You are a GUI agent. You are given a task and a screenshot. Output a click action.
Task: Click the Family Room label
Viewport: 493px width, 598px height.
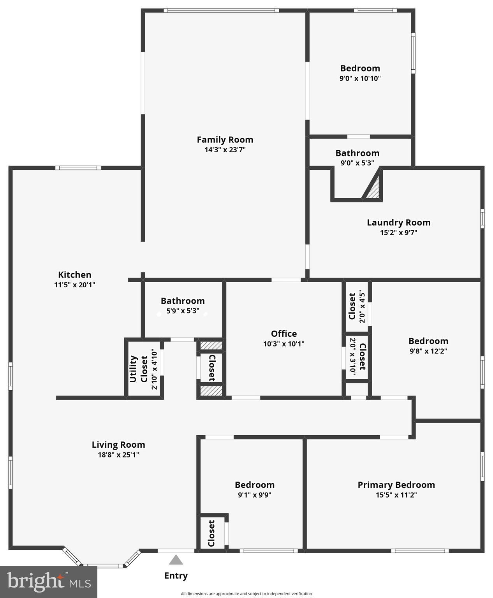pyautogui.click(x=225, y=139)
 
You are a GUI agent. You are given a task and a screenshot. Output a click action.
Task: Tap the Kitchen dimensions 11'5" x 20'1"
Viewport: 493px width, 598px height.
pyautogui.click(x=74, y=285)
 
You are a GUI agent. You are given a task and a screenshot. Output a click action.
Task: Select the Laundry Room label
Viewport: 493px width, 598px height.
pyautogui.click(x=398, y=222)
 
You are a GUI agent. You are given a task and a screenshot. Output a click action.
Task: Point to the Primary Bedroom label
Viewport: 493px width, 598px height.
pyautogui.click(x=396, y=485)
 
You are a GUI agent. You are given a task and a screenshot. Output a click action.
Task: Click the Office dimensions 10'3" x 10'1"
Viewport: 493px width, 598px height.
pyautogui.click(x=283, y=344)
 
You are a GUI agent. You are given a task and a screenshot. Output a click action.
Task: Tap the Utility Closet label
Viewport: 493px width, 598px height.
pyautogui.click(x=139, y=369)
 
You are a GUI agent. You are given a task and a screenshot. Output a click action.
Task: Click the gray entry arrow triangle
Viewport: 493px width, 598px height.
pyautogui.click(x=176, y=560)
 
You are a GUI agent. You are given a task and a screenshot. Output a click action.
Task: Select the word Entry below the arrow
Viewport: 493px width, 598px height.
pyautogui.click(x=176, y=575)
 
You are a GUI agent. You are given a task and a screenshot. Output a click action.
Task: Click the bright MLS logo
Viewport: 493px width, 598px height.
pyautogui.click(x=48, y=582)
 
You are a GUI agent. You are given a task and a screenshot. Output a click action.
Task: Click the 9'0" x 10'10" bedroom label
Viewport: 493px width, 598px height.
pyautogui.click(x=360, y=69)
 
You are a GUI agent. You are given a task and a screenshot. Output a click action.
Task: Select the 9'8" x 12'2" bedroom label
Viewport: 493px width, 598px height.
pyautogui.click(x=428, y=341)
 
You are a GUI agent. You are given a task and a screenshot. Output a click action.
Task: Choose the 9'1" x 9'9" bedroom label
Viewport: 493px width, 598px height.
pyautogui.click(x=254, y=485)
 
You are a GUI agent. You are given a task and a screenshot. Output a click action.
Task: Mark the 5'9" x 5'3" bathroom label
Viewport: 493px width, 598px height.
pyautogui.click(x=183, y=301)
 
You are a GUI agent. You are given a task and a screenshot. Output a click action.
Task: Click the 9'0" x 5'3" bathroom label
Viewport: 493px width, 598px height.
pyautogui.click(x=357, y=153)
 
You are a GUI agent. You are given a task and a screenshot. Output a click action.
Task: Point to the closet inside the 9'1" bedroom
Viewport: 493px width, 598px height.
pyautogui.click(x=211, y=533)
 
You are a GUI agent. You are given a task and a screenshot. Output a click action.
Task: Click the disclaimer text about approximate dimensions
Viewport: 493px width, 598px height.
pyautogui.click(x=246, y=594)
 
